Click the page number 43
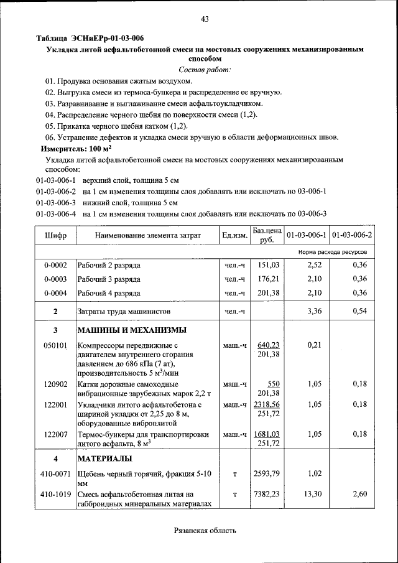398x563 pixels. (205, 19)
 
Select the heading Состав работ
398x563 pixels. (205, 70)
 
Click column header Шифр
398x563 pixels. (55, 236)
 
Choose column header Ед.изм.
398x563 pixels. (234, 236)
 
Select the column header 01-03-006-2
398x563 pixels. (352, 235)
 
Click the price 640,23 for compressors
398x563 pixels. (269, 345)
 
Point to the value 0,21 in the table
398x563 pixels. (314, 345)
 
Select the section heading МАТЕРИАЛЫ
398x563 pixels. (104, 459)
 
